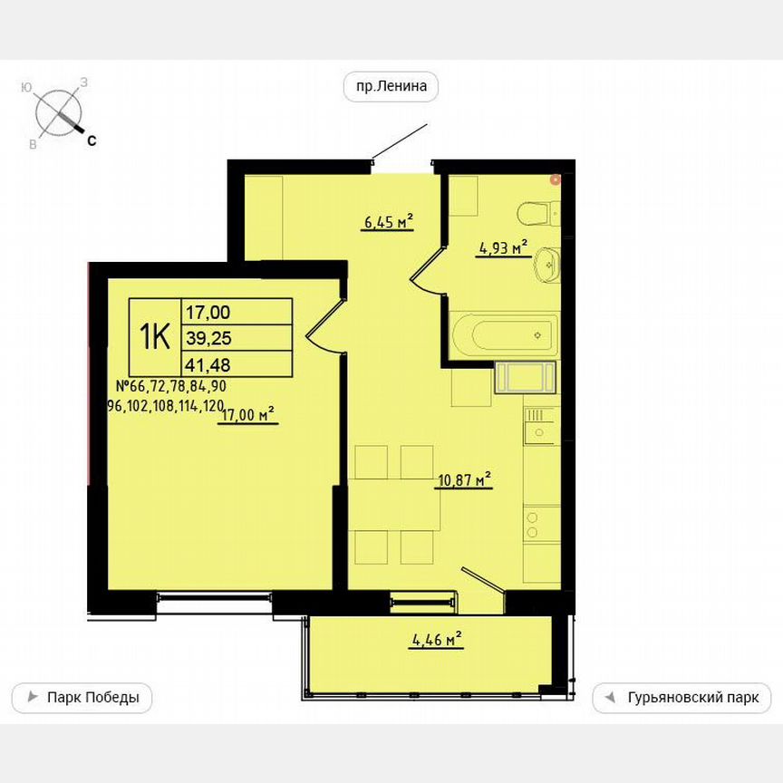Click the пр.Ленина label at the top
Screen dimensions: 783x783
(x=391, y=87)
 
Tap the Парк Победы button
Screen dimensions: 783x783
(x=82, y=698)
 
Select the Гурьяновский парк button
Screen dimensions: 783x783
(x=681, y=698)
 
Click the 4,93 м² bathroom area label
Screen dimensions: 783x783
(x=502, y=247)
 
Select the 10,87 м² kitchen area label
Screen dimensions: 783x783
(x=463, y=478)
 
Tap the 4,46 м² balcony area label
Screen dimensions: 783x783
(x=437, y=641)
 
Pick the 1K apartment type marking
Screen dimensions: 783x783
(x=155, y=337)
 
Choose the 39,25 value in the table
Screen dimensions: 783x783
(x=208, y=337)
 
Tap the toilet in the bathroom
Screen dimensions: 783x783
(x=538, y=214)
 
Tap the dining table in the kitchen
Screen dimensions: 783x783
(x=394, y=503)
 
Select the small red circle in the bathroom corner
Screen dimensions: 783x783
(x=556, y=179)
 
